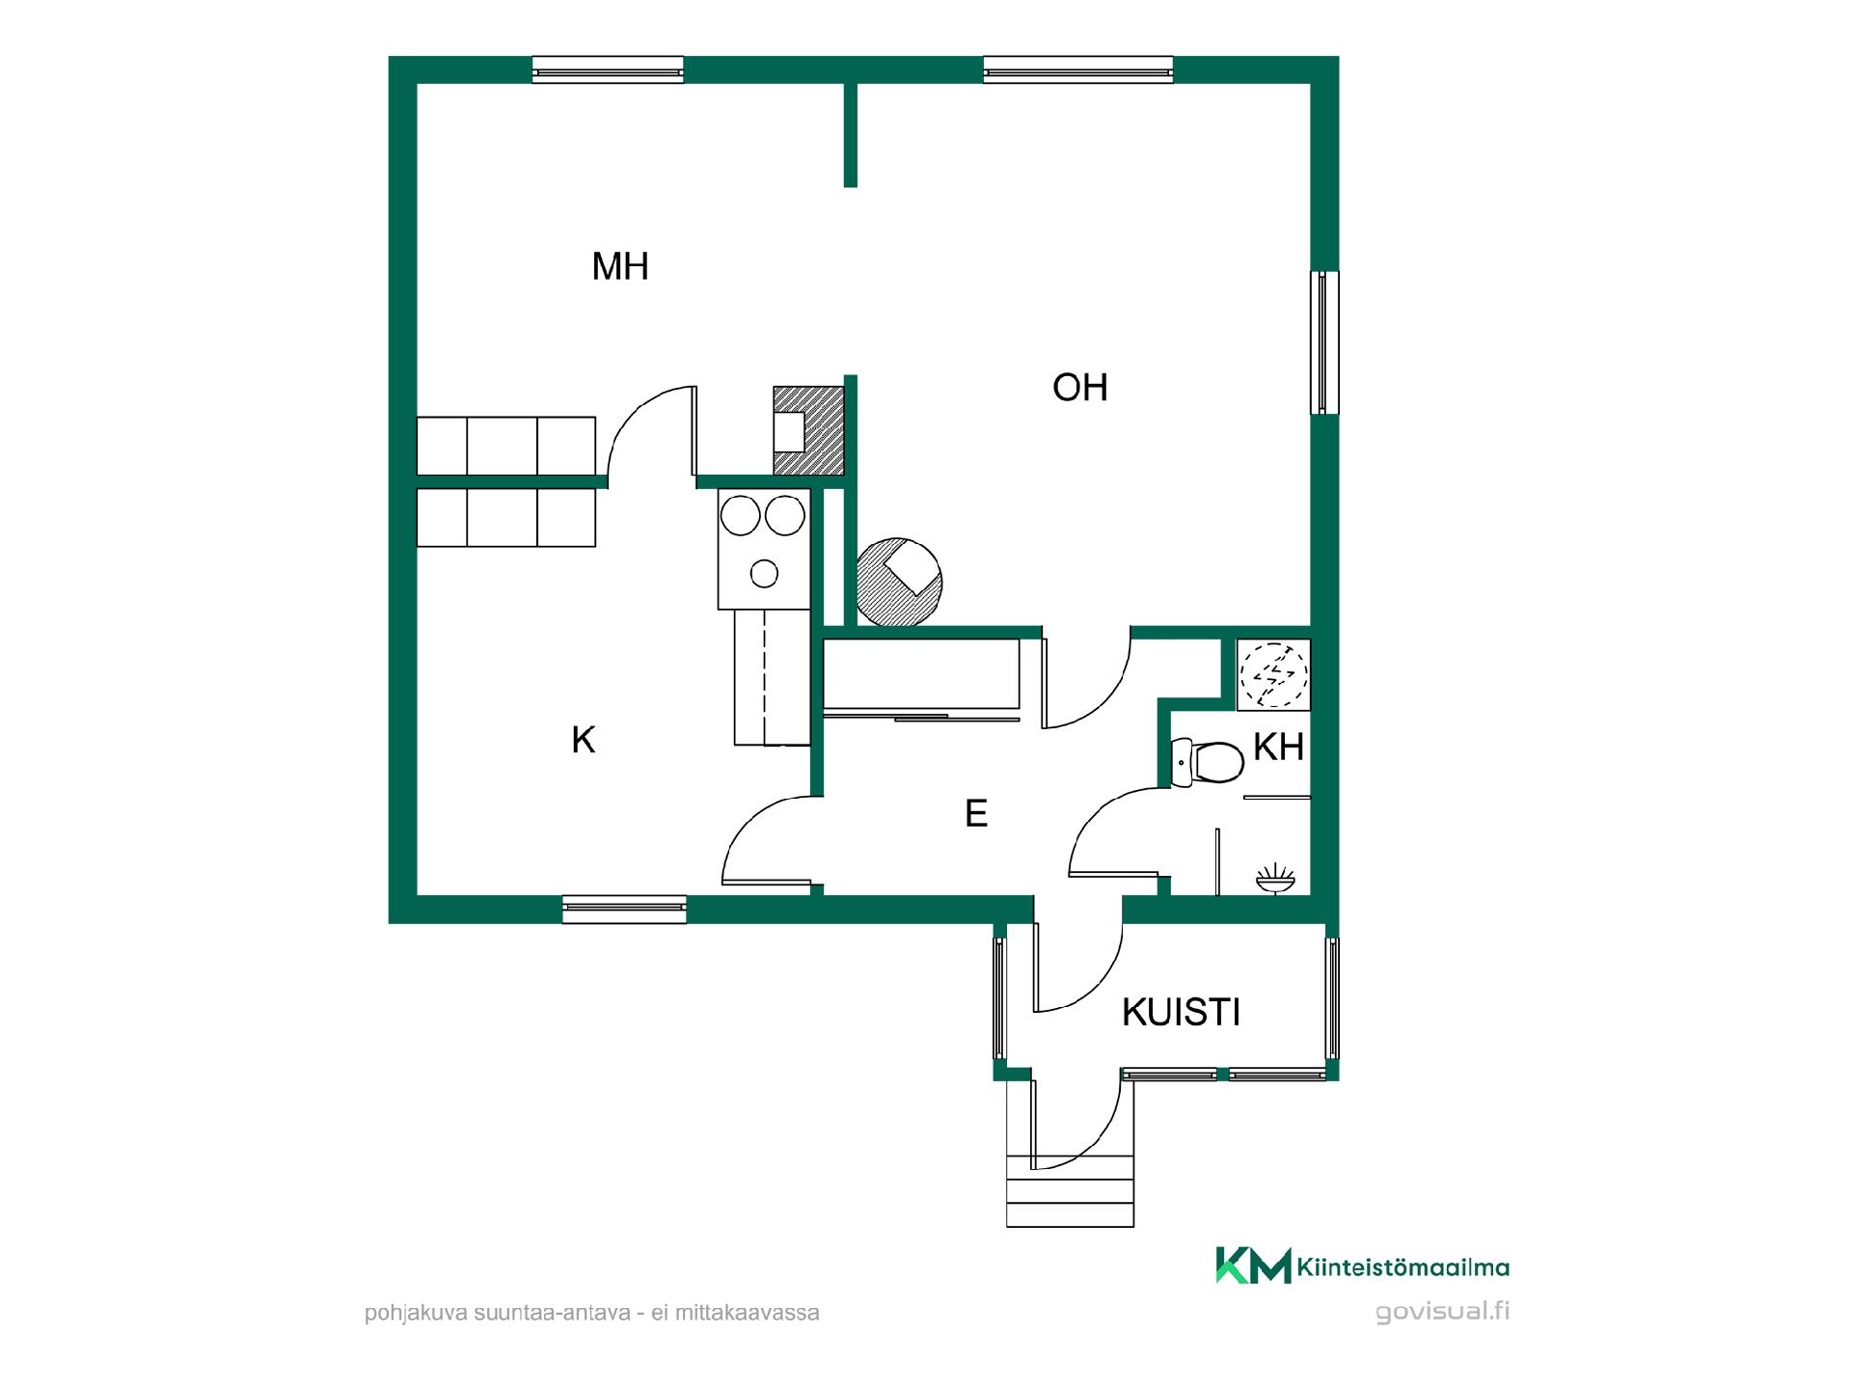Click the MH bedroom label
coord(620,266)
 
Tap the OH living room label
coord(1079,388)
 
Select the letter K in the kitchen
coord(583,740)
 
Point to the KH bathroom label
coord(1278,747)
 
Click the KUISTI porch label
coord(1181,1012)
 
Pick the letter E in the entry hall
coord(976,813)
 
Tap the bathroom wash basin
coord(1276,878)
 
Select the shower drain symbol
coord(1273,674)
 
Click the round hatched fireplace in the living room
coord(899,583)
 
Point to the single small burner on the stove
coord(764,574)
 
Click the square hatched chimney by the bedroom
coord(809,431)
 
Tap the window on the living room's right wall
coord(1324,342)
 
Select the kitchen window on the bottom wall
coord(624,909)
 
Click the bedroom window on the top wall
coord(608,69)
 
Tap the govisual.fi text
coord(1442,1312)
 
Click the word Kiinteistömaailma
coord(1403,1266)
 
